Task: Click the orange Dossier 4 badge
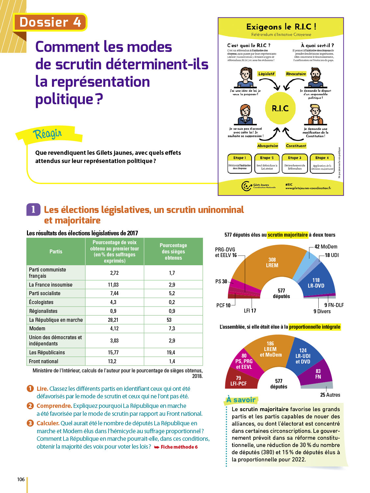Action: pos(50,22)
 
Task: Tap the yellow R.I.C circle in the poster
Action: pos(280,108)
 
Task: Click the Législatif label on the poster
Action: pos(266,74)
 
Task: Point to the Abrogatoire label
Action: pos(267,146)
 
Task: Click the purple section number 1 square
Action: pos(33,210)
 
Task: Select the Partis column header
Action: pos(56,251)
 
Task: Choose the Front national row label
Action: pos(44,361)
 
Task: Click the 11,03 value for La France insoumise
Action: pos(113,285)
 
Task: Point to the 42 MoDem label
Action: pos(326,246)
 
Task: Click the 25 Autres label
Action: pos(330,395)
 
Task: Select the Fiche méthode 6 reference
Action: pos(179,447)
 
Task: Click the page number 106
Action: pos(21,479)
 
